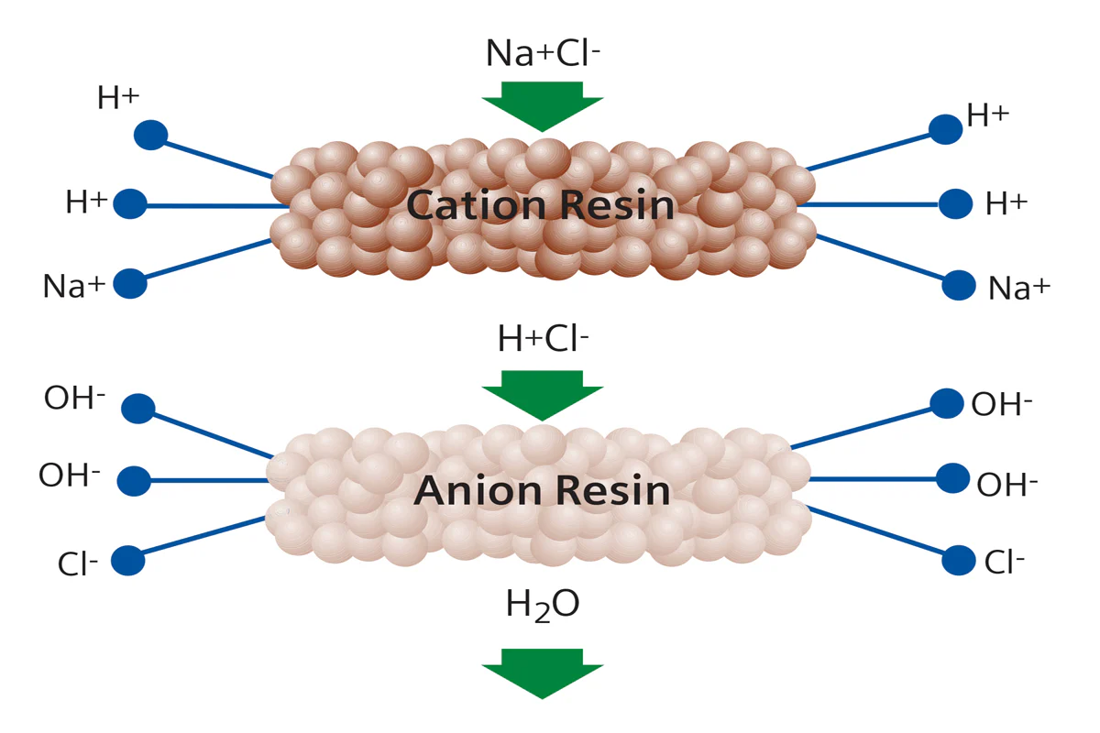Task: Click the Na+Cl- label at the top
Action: coord(543,52)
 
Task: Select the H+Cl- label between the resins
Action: coord(543,338)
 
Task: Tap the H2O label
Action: coord(543,606)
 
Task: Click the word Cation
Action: coord(476,204)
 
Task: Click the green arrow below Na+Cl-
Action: coord(542,106)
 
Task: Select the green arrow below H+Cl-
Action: coord(542,395)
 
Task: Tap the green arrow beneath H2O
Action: coord(542,673)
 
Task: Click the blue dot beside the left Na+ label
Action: coord(130,283)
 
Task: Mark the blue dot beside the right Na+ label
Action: coord(959,285)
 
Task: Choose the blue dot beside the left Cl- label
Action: coord(127,560)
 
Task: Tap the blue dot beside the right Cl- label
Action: coord(959,560)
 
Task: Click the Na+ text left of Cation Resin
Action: coord(74,286)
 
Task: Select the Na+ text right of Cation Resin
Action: coord(1019,288)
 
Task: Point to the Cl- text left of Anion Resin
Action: coord(78,563)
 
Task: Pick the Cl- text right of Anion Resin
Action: coord(1005,562)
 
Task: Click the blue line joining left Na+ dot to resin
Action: coord(209,258)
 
